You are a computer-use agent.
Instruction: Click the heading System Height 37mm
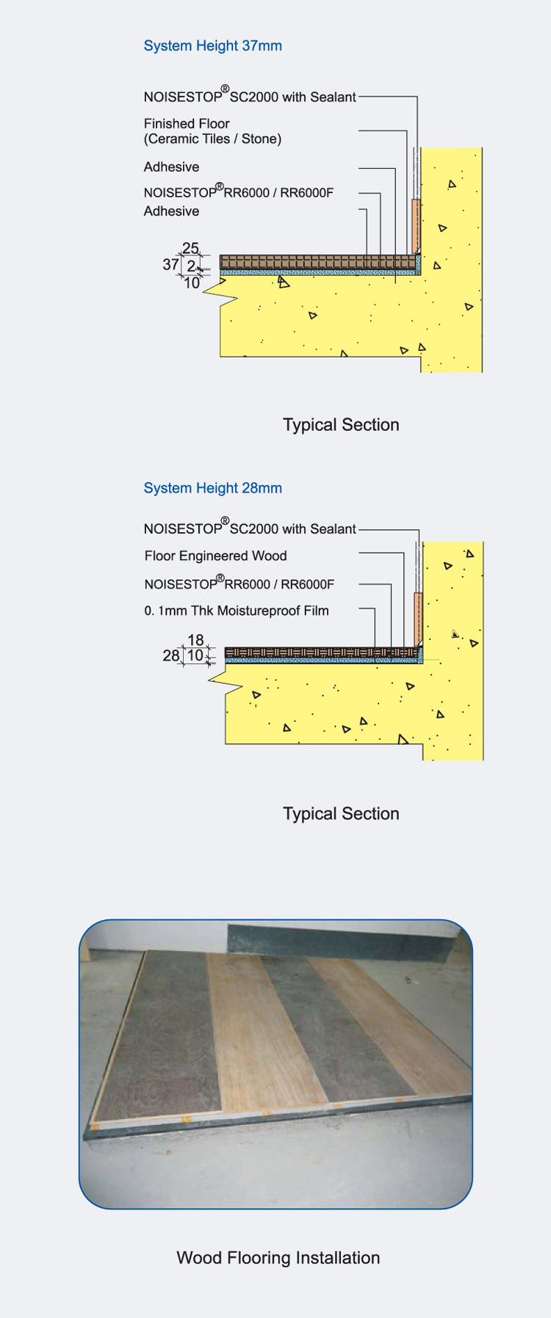coord(212,45)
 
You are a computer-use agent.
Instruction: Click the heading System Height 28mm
coord(212,488)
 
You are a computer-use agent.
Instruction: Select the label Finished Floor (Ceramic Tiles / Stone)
coord(212,131)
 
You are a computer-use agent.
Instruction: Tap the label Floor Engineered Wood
coord(215,556)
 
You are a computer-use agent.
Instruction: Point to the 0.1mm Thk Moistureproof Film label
coord(236,611)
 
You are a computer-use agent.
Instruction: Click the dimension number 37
coord(170,264)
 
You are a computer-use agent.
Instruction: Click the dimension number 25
coord(190,248)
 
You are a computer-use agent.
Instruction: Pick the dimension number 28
coord(170,655)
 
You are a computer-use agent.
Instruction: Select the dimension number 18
coord(195,640)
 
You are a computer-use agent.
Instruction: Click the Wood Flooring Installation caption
coord(278,1258)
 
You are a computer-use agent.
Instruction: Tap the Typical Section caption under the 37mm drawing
coord(341,425)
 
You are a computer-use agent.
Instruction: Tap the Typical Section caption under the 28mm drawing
coord(341,814)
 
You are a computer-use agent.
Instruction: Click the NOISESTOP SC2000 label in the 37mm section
coord(250,97)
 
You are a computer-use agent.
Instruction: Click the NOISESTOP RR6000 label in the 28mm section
coord(239,584)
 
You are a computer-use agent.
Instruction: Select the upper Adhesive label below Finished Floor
coord(171,167)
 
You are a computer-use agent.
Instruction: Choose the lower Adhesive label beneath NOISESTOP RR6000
coord(171,211)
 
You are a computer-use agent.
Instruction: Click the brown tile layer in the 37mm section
coord(316,262)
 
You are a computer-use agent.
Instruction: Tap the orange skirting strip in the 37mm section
coord(416,224)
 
